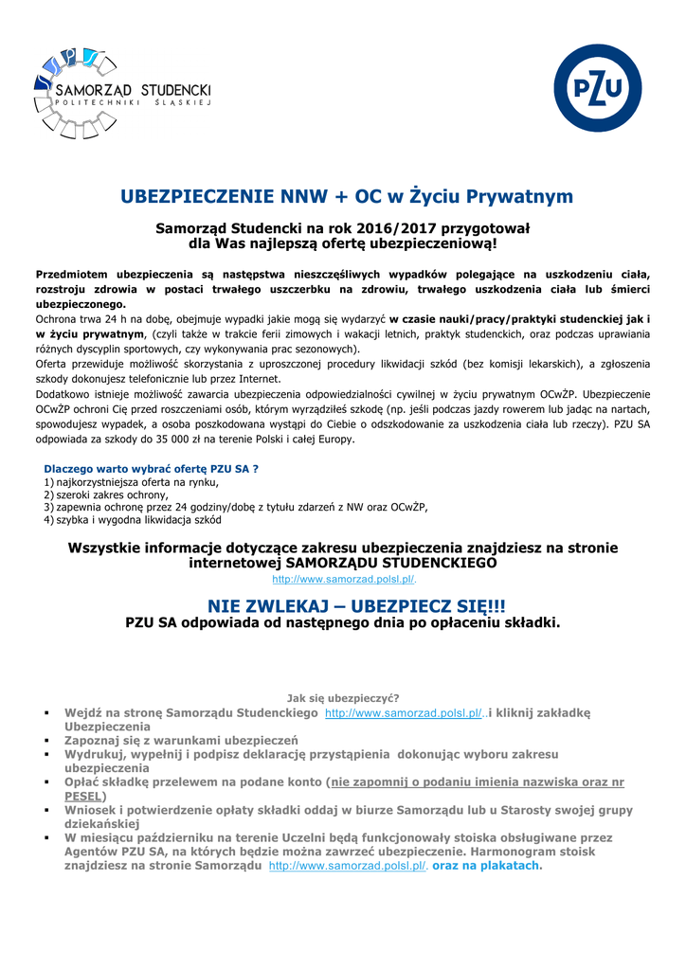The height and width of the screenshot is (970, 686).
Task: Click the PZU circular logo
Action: point(597,88)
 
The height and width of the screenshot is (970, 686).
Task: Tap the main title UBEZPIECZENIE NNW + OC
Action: point(347,196)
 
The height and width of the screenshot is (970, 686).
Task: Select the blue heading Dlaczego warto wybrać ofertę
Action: point(152,468)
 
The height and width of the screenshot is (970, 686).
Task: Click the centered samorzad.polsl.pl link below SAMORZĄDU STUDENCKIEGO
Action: point(344,579)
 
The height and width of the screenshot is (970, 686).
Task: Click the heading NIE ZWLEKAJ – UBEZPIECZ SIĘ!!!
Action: point(343,605)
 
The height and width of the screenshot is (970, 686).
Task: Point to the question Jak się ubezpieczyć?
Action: point(343,698)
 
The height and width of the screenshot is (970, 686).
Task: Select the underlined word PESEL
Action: point(82,797)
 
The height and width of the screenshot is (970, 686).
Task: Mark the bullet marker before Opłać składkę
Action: point(46,783)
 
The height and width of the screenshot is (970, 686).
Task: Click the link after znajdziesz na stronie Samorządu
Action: point(348,866)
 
